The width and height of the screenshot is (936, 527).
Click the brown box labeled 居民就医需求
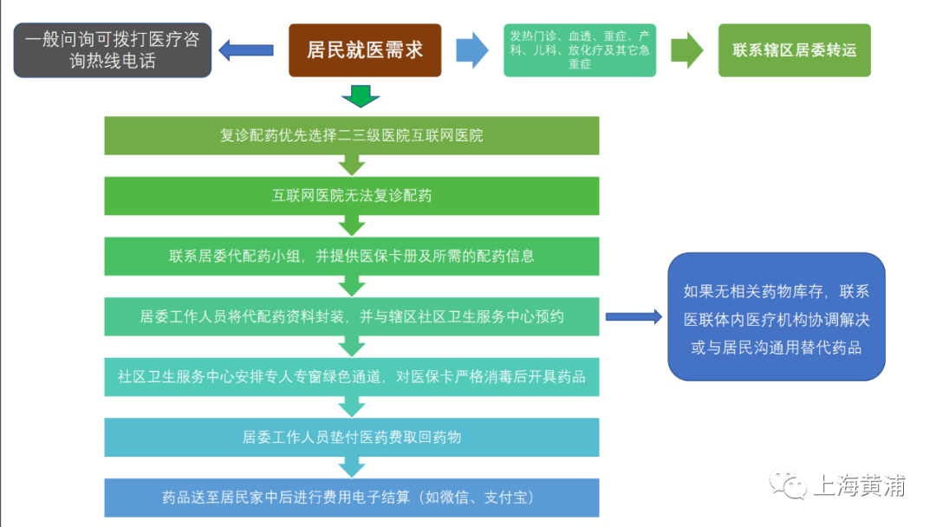[x=365, y=50]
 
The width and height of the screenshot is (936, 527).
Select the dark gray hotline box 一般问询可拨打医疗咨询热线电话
[x=113, y=50]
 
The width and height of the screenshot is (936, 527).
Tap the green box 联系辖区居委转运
[x=794, y=50]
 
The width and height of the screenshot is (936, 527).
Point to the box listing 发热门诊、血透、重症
[x=580, y=50]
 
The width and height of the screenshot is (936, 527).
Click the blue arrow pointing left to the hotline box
[x=246, y=50]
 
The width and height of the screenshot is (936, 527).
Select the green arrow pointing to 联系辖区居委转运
[x=687, y=50]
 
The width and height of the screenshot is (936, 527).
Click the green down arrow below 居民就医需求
[x=361, y=95]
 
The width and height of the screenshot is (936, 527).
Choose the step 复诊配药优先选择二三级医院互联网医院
[x=351, y=135]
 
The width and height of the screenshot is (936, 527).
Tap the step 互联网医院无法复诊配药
[x=351, y=196]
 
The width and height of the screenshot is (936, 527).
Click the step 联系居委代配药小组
[x=351, y=256]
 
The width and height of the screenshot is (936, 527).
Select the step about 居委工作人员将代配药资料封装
[x=351, y=316]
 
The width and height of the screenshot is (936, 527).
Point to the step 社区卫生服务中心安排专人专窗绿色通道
[x=351, y=376]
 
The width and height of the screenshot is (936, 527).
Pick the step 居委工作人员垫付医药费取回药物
[x=351, y=437]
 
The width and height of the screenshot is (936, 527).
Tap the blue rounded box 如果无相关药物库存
[x=776, y=316]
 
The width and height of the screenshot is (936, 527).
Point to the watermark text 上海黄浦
[x=858, y=486]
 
